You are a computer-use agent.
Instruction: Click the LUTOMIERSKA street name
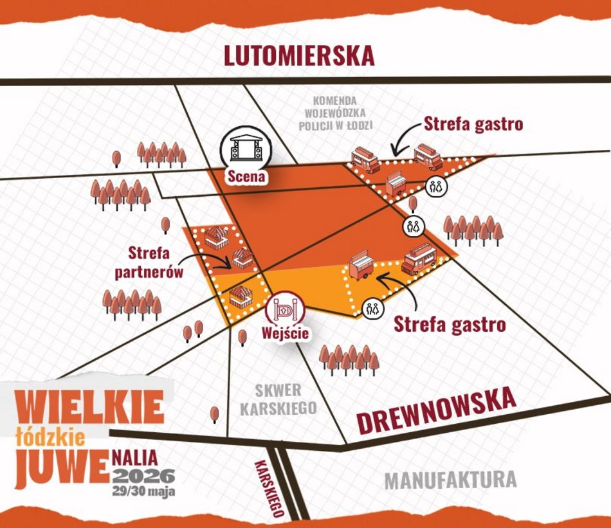298,55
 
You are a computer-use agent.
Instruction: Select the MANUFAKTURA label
450,480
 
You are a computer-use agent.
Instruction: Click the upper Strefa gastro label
473,124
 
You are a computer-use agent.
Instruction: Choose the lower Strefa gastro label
450,324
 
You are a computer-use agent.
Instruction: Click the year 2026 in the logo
143,476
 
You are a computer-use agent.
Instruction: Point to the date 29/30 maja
143,491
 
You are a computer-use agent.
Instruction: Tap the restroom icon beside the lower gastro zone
372,307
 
